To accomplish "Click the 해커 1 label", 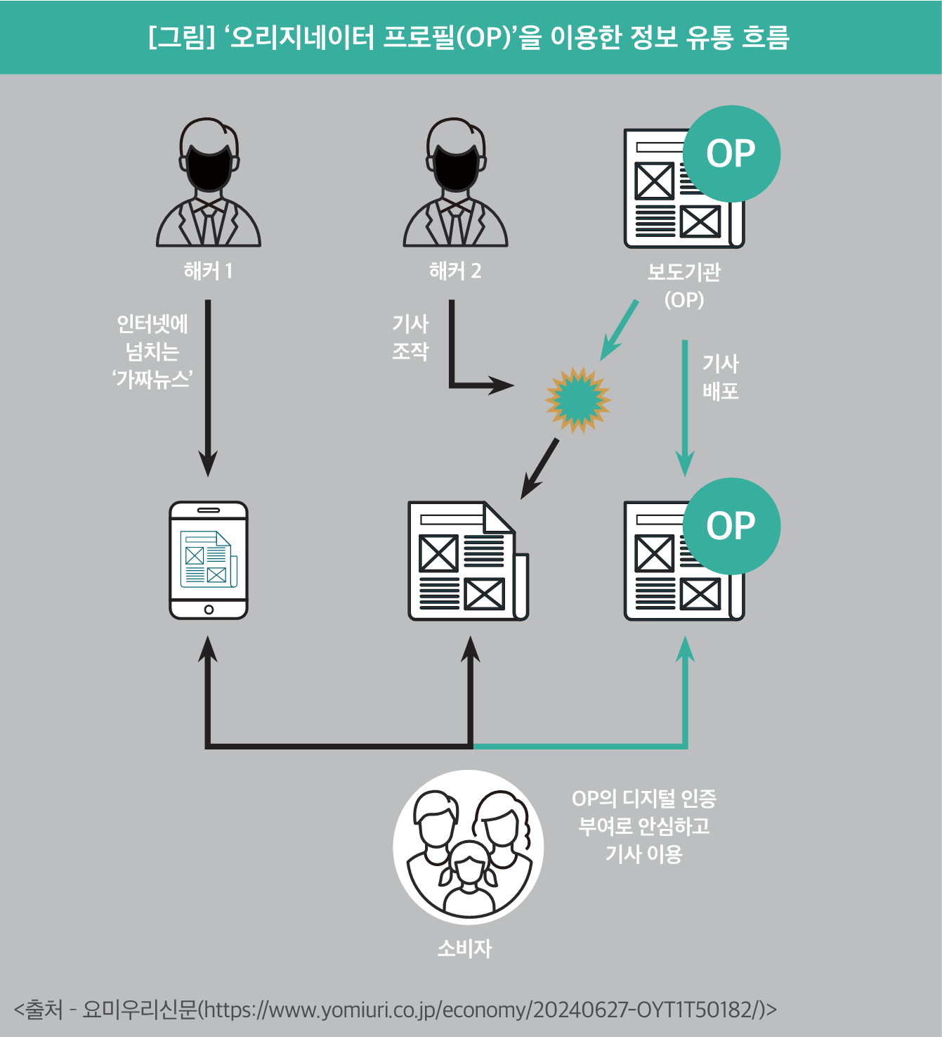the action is coord(208,271).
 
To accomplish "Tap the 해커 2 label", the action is coord(455,271).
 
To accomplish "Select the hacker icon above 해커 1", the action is coord(208,182).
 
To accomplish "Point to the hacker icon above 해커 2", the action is coord(455,182).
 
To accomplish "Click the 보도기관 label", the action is coord(683,272).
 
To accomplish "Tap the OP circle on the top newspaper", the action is coord(731,153).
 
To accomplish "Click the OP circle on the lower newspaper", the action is coord(731,526).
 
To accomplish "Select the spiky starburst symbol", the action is coord(578,399).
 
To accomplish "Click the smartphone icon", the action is coord(208,560).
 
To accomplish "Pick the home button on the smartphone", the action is coord(208,610).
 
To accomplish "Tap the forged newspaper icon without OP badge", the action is coord(468,561).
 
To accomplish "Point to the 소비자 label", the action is coord(464,948).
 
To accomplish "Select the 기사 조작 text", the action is coord(410,337).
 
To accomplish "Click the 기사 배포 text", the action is coord(720,378).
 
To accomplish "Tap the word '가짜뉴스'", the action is coord(152,379).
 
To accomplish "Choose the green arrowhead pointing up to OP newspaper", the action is coord(685,649).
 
